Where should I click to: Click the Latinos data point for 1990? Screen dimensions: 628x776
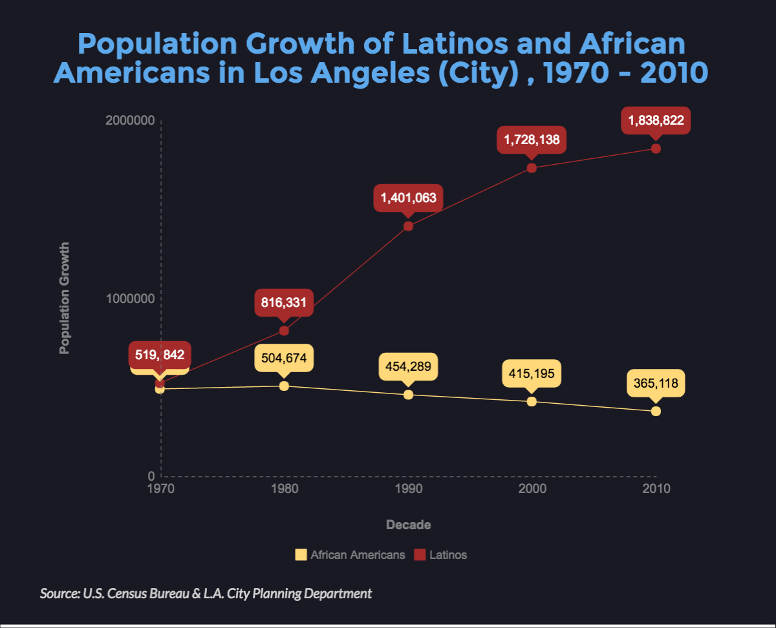pos(408,226)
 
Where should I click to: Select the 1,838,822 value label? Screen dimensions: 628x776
pos(656,120)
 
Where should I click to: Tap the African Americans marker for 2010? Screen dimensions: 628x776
pos(656,411)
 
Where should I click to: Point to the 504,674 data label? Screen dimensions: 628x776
pos(284,357)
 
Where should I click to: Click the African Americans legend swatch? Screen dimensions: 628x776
pos(301,554)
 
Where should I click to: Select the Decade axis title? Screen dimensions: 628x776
pos(408,525)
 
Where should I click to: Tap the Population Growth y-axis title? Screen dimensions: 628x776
pos(64,298)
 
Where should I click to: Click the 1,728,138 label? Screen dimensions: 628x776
pos(532,139)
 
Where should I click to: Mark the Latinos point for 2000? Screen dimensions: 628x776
pos(532,168)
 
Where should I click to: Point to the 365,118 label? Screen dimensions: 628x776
pos(656,383)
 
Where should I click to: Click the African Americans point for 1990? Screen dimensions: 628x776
pos(408,394)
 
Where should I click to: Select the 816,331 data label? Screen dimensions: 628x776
pos(284,302)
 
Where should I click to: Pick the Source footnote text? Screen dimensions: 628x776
pos(206,593)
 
